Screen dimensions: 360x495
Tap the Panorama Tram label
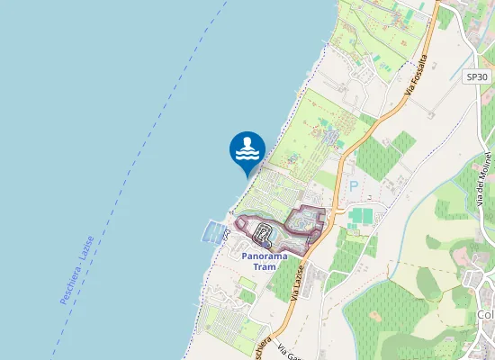265,261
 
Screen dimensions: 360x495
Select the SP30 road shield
477,77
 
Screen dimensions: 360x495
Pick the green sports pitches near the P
361,216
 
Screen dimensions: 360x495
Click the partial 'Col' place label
486,314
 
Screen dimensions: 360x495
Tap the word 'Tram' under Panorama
265,266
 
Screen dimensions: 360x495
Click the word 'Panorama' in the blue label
265,256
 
